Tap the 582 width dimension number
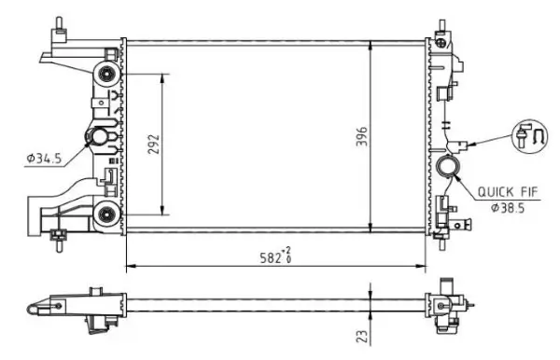tap(270, 258)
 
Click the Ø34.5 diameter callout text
tap(43, 159)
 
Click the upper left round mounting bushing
tap(105, 74)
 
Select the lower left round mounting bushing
tap(105, 215)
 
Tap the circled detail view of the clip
tap(527, 133)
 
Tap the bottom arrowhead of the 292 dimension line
tap(164, 211)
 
